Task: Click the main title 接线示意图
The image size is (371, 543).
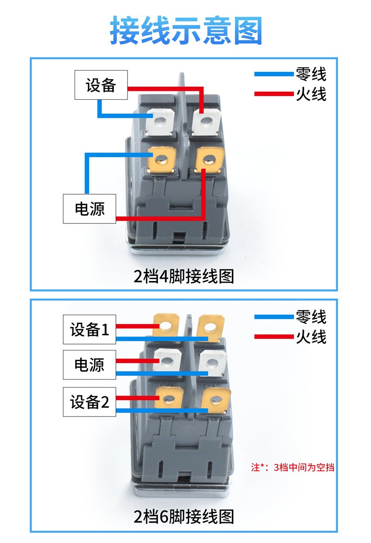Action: coord(186,31)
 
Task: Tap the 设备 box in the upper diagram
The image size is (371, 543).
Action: coord(101,85)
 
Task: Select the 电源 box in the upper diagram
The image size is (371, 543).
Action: coord(90,209)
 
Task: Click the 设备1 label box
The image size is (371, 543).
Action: coord(90,330)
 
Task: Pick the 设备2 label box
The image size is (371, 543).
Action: coord(90,402)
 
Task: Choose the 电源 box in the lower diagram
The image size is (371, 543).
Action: coord(90,365)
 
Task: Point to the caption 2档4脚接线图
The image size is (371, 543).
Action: coord(184,276)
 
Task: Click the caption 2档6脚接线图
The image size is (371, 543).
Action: coord(184,516)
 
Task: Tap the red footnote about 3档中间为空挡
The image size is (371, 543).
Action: coord(292,467)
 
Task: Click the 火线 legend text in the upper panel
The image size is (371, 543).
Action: coord(311,94)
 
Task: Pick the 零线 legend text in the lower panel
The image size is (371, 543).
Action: coord(311,317)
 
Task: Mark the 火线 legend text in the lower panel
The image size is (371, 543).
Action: coord(311,337)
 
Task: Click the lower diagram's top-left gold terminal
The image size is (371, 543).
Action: coord(166,326)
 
